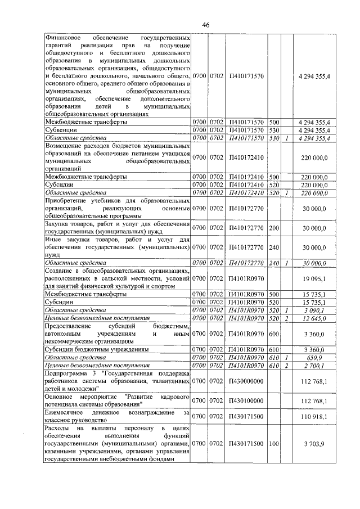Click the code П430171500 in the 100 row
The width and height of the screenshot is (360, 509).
tap(247, 444)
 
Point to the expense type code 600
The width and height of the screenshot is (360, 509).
tap(274, 333)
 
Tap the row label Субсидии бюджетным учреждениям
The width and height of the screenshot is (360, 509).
tap(84, 349)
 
